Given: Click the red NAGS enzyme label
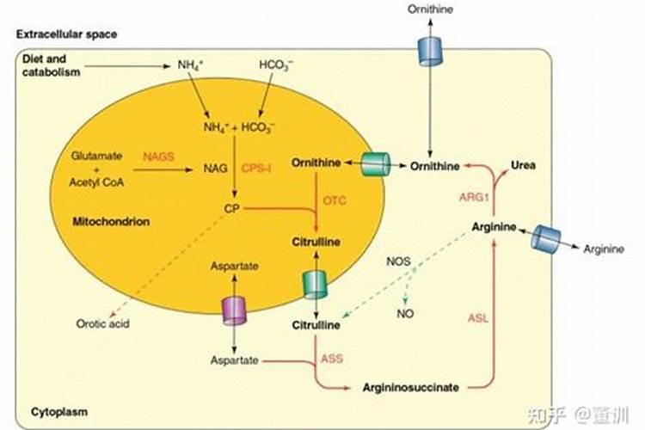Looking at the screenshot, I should [x=158, y=156].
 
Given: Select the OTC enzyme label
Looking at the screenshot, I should [x=335, y=200].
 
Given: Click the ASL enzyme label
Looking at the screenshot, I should [x=477, y=317].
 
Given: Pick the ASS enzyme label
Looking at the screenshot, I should [x=332, y=358].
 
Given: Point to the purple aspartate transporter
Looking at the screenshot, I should [x=235, y=310].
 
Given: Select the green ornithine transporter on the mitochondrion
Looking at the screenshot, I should [x=375, y=163].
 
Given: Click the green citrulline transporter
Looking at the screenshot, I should [x=315, y=284].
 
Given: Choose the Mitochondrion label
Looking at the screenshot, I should [x=111, y=222].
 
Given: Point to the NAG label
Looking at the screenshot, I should [x=215, y=169].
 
